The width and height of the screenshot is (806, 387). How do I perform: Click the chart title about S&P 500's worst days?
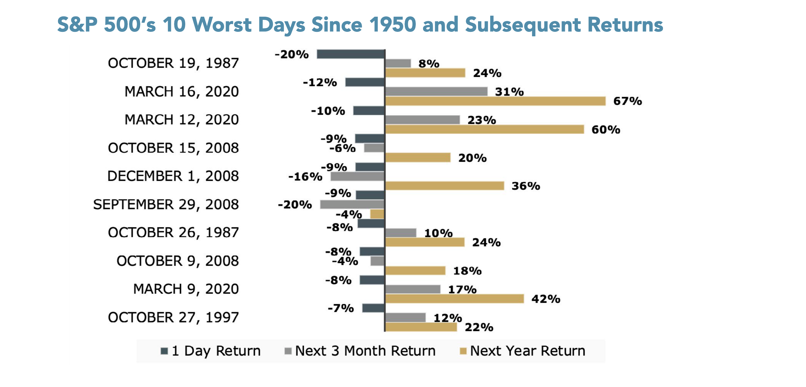click(x=360, y=25)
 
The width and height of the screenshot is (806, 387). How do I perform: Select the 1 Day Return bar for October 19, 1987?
click(x=350, y=54)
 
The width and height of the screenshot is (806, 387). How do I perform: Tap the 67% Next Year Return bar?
click(x=495, y=101)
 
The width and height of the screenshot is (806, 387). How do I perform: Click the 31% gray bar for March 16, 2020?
click(x=436, y=92)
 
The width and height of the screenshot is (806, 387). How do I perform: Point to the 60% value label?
click(x=606, y=130)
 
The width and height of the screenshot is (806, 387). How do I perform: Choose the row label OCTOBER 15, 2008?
click(x=173, y=148)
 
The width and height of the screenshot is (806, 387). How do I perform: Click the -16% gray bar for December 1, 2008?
click(x=357, y=176)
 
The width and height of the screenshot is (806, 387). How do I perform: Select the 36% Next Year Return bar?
click(x=445, y=186)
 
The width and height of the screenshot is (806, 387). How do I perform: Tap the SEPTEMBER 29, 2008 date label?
click(x=166, y=205)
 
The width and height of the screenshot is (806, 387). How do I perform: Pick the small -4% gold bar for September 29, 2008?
click(x=377, y=214)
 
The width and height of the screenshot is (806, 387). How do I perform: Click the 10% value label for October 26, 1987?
click(x=438, y=233)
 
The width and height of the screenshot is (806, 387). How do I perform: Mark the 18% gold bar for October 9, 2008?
click(x=415, y=271)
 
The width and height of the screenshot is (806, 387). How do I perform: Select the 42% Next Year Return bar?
click(x=454, y=299)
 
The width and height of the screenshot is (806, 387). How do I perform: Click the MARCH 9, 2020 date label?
click(x=186, y=289)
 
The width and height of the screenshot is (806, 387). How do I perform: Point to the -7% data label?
click(x=341, y=308)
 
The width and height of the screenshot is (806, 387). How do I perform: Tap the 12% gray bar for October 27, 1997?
click(x=405, y=318)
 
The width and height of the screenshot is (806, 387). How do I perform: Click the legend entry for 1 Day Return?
click(x=210, y=351)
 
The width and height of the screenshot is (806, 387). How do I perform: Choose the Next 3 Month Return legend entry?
click(x=360, y=351)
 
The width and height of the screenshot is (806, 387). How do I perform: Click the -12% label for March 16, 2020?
click(x=320, y=82)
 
